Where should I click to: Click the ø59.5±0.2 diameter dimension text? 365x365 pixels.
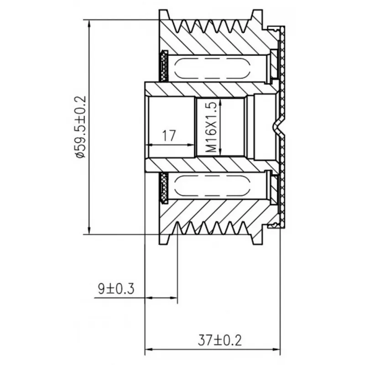[81, 127]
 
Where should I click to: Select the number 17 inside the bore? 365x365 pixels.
[169, 136]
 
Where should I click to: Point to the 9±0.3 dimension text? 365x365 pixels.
[116, 289]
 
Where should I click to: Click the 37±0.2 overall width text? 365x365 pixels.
[220, 340]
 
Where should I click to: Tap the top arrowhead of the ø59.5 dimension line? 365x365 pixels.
[89, 24]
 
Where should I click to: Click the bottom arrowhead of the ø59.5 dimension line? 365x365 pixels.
[89, 230]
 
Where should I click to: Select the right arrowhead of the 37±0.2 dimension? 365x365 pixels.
[276, 349]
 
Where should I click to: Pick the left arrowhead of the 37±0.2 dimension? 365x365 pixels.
[149, 349]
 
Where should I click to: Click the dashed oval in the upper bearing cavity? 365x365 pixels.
[212, 68]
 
